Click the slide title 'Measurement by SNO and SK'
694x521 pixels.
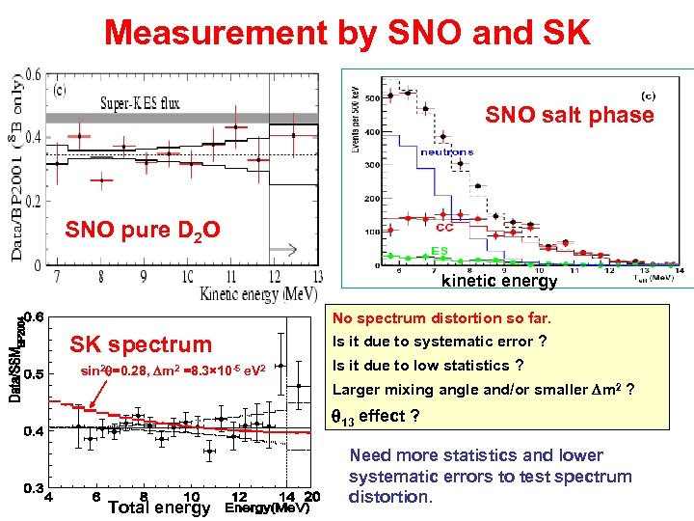pyautogui.click(x=347, y=32)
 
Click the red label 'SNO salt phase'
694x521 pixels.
pyautogui.click(x=569, y=116)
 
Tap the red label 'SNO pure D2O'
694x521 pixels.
pyautogui.click(x=143, y=231)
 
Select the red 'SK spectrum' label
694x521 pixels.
pyautogui.click(x=141, y=344)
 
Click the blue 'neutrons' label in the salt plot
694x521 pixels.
pyautogui.click(x=446, y=151)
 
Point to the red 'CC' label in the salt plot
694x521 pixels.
pyautogui.click(x=445, y=229)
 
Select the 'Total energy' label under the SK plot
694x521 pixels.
pyautogui.click(x=159, y=507)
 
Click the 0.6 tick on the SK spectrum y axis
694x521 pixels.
pyautogui.click(x=34, y=315)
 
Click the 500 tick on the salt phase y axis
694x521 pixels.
pyautogui.click(x=370, y=98)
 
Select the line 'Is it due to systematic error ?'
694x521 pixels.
pyautogui.click(x=440, y=342)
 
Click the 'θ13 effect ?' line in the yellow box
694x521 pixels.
pyautogui.click(x=376, y=416)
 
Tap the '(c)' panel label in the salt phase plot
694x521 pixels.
pyautogui.click(x=649, y=95)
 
